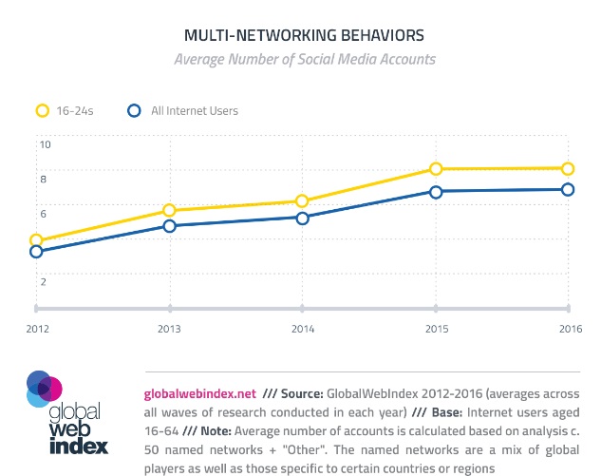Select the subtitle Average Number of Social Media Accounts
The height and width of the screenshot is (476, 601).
click(x=304, y=59)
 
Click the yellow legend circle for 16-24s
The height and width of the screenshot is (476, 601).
click(x=42, y=110)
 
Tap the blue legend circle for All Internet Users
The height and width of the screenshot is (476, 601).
click(x=135, y=110)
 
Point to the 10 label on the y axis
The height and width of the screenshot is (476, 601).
click(x=44, y=144)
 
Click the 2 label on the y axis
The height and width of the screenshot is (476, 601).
click(x=43, y=281)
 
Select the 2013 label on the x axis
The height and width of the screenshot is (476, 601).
click(x=169, y=329)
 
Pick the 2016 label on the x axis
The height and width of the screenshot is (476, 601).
click(x=568, y=329)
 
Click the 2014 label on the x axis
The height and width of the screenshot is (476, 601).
click(x=302, y=329)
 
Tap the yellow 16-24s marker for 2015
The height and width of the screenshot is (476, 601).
click(x=436, y=169)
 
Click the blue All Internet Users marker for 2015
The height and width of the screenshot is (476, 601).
click(x=436, y=192)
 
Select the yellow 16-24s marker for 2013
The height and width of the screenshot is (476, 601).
click(x=169, y=210)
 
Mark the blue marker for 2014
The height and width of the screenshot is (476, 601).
click(x=302, y=219)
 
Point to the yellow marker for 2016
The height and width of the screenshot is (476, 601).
click(x=568, y=168)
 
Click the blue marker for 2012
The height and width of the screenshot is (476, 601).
click(x=36, y=252)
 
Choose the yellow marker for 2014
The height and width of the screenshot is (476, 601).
click(x=302, y=201)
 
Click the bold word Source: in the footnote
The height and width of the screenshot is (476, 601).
click(x=302, y=392)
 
